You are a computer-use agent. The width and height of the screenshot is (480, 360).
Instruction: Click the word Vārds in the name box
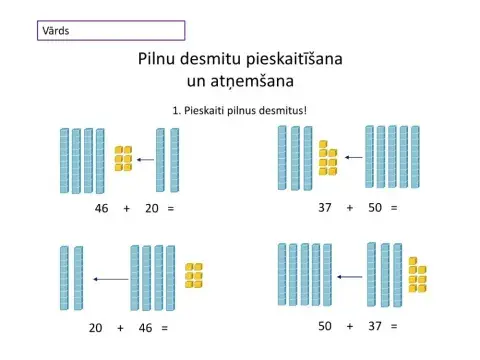point(55,31)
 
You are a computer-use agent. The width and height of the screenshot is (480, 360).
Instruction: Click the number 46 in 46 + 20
point(101,209)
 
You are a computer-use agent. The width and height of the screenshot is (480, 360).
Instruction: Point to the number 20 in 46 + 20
point(152,209)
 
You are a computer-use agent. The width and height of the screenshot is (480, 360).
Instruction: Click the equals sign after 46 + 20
point(171,209)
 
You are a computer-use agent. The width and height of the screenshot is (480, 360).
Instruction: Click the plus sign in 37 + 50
point(350,207)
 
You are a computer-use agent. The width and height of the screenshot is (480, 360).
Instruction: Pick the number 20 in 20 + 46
point(96,327)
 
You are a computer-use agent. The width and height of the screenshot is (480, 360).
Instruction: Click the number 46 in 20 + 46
point(145,327)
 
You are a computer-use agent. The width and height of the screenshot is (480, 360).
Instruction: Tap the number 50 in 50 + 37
point(325,326)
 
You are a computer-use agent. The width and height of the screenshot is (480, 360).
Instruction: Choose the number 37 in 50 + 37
point(375,326)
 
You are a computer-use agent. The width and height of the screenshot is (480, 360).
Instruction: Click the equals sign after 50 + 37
point(395,326)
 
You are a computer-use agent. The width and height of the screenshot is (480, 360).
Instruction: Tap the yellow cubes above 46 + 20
point(123,158)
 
